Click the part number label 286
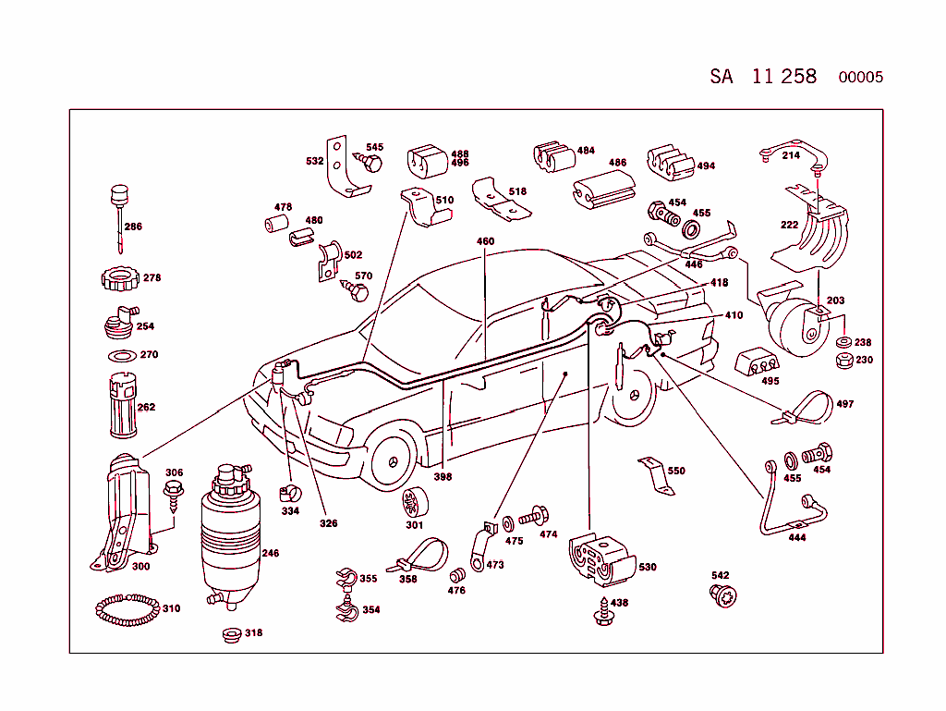(x=133, y=227)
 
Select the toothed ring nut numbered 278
(x=118, y=277)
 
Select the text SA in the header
(x=722, y=77)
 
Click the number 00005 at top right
(x=860, y=78)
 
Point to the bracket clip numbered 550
(x=655, y=471)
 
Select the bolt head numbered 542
(x=722, y=596)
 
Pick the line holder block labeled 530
(x=596, y=559)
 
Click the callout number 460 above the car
(x=485, y=241)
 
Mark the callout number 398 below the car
(x=443, y=477)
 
